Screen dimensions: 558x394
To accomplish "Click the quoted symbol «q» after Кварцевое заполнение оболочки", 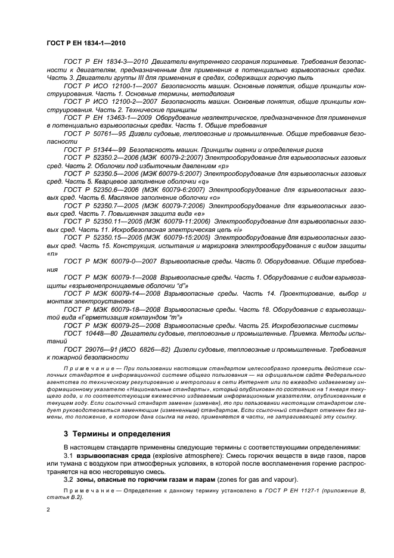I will click(204, 181).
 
